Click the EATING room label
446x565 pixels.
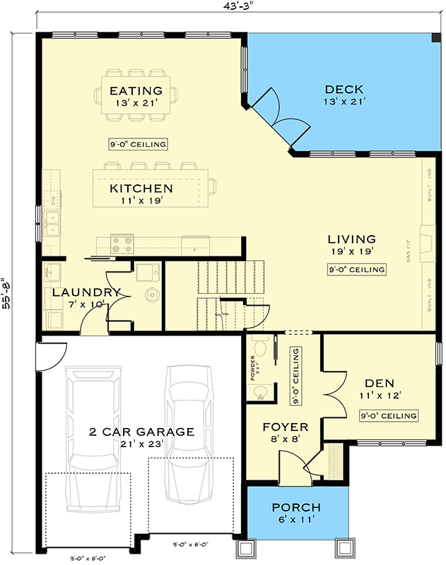(136, 91)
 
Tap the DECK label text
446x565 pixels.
(344, 90)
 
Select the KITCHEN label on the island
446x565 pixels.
(141, 189)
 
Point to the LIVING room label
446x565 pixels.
(351, 239)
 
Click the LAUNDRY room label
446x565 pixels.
(86, 292)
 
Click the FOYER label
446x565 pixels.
(286, 427)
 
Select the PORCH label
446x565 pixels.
(297, 508)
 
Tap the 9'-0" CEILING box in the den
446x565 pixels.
(388, 415)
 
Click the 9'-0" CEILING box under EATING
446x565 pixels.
(139, 144)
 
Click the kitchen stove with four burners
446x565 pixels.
(122, 244)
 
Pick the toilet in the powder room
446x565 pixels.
(260, 348)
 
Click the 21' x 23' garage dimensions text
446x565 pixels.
(141, 444)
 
